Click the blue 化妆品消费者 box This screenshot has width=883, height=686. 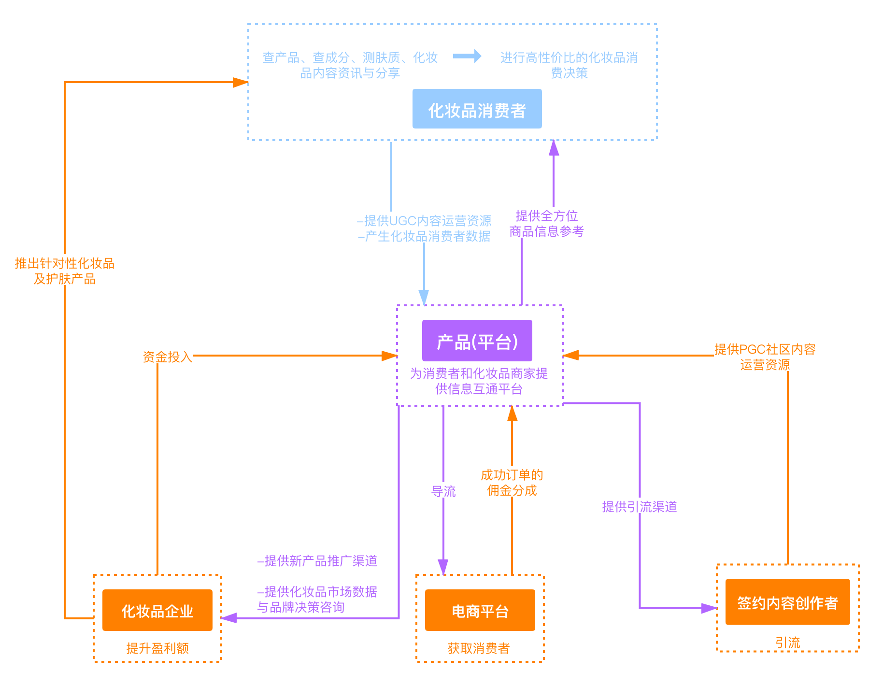477,109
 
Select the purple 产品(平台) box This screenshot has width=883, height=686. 477,341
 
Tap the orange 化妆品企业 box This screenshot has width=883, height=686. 157,610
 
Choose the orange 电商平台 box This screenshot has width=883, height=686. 480,610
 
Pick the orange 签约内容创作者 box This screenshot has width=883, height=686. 787,602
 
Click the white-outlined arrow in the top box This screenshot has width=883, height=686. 467,56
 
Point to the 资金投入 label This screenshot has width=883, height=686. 167,356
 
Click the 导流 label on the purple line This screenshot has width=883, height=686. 443,491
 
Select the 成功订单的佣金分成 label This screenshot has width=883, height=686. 512,482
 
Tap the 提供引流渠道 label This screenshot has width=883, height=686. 639,506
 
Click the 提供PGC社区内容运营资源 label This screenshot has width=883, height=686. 765,356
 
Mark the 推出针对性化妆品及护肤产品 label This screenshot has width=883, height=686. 65,270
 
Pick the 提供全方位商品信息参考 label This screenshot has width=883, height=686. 546,223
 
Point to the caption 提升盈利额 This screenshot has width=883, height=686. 157,648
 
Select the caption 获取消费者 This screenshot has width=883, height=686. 479,648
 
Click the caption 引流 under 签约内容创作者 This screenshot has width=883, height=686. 787,642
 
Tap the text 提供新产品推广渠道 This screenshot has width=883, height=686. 317,561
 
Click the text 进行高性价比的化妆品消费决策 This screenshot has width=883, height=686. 569,65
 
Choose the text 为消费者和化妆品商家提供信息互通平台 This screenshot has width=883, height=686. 479,381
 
